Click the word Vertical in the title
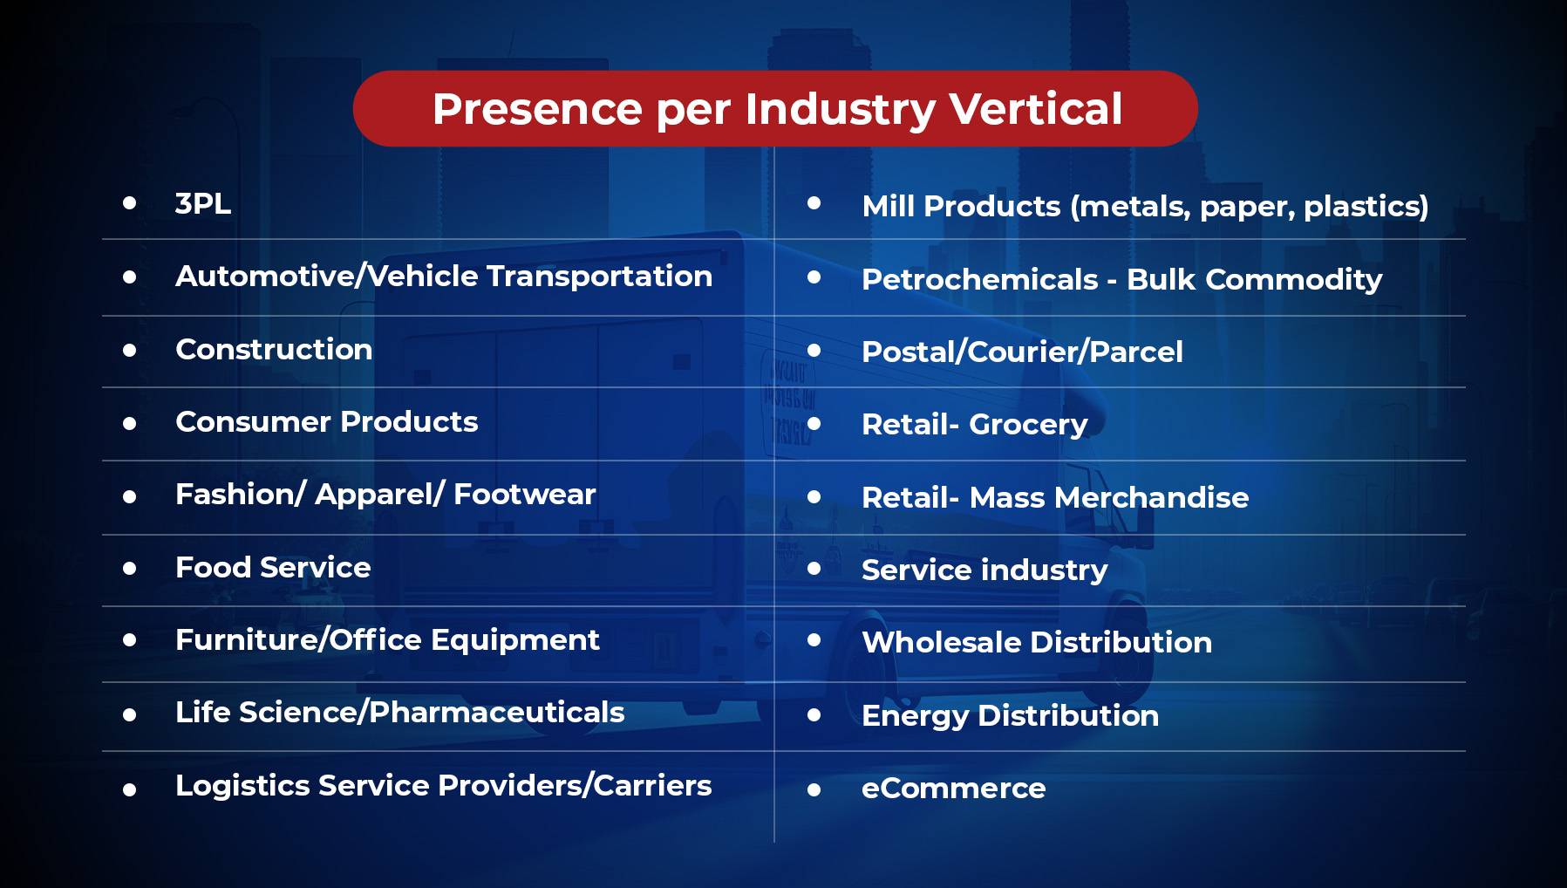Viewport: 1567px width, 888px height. [x=1035, y=109]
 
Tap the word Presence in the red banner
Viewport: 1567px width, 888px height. [x=537, y=109]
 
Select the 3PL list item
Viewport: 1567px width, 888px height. [x=203, y=203]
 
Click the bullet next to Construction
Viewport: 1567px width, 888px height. [x=130, y=350]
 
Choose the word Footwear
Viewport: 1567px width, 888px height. [x=525, y=495]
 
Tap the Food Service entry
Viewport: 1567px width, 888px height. [x=273, y=568]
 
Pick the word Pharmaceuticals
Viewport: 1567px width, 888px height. [x=497, y=713]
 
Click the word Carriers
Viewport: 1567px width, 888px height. [x=653, y=785]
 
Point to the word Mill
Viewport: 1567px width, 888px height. [x=889, y=206]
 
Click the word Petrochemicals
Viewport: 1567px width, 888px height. [x=980, y=279]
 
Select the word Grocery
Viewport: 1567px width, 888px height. [x=1029, y=426]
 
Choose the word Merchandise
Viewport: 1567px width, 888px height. [x=1152, y=497]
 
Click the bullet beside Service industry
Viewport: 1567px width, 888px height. [x=814, y=569]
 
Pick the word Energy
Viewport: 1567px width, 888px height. [x=916, y=716]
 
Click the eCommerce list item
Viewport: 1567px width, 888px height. [x=954, y=789]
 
